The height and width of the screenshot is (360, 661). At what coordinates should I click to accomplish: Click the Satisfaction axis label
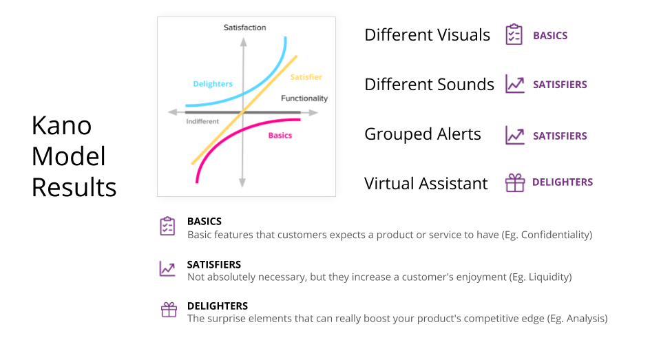click(244, 28)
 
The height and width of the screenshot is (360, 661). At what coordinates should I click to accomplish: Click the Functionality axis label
click(304, 98)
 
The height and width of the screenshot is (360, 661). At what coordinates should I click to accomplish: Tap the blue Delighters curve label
click(213, 84)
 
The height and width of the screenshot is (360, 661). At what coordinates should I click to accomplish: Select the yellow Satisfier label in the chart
click(306, 76)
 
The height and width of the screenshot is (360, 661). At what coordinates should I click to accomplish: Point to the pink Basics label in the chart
click(280, 136)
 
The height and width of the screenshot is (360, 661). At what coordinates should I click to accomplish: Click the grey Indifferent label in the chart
click(202, 121)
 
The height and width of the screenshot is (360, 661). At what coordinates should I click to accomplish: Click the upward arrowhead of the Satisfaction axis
click(243, 41)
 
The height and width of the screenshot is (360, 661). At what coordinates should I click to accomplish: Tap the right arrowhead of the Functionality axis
click(313, 113)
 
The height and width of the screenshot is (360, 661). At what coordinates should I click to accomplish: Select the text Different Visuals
click(427, 35)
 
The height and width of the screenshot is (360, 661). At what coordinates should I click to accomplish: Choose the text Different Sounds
click(429, 84)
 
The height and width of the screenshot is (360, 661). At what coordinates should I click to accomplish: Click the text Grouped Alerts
click(422, 134)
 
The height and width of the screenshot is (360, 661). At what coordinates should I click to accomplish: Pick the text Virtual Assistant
click(426, 183)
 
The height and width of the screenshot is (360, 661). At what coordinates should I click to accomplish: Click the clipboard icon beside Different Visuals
click(514, 34)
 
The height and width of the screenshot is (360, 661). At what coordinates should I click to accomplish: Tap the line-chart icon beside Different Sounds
click(515, 84)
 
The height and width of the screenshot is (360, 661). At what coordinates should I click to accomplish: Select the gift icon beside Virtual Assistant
click(515, 182)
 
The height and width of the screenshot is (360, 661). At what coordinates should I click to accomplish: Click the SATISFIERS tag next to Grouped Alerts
click(560, 136)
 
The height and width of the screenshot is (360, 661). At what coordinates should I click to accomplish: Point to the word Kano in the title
click(61, 125)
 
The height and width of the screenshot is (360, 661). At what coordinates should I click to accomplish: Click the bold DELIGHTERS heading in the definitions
click(218, 306)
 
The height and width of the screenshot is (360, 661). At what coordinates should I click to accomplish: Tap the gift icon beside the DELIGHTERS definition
click(169, 310)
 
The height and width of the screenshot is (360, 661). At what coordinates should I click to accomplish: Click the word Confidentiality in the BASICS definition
click(555, 235)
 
